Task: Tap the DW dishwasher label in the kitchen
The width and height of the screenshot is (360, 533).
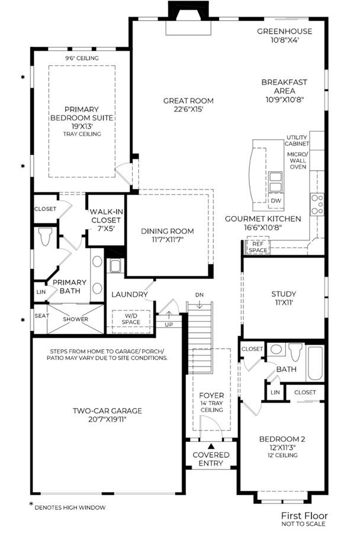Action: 276,201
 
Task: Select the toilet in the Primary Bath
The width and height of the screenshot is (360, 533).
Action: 45,236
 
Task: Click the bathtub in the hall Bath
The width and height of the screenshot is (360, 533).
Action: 315,364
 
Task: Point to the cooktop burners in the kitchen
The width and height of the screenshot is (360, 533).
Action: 317,204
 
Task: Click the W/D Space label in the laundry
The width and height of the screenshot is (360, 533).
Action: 131,319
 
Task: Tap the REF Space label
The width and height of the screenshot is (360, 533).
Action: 258,247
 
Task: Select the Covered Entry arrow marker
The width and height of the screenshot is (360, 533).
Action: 211,446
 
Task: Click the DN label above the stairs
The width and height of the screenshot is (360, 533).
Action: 200,295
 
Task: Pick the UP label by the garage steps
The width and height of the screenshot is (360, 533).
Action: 169,325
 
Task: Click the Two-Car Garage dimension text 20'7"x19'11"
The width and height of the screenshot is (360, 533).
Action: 107,419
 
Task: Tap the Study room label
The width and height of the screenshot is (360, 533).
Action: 284,294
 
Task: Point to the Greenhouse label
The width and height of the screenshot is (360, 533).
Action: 285,31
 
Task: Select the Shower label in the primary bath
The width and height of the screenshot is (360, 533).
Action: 75,319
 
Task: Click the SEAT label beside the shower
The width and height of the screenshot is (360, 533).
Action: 42,316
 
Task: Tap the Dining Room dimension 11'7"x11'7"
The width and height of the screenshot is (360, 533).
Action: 167,240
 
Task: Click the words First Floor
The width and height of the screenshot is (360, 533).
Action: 304,516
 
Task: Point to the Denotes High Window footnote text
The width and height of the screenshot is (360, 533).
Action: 70,508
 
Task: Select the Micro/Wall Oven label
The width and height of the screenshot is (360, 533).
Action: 298,160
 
